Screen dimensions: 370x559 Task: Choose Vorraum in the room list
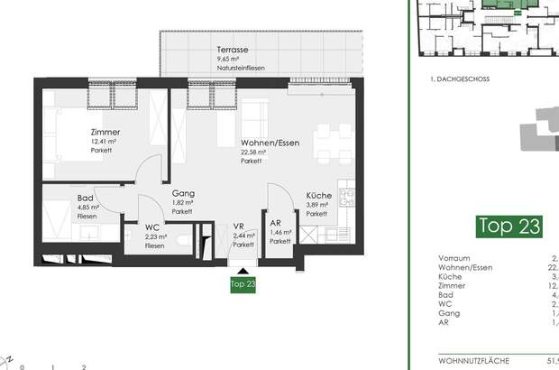pyautogui.click(x=454, y=256)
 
